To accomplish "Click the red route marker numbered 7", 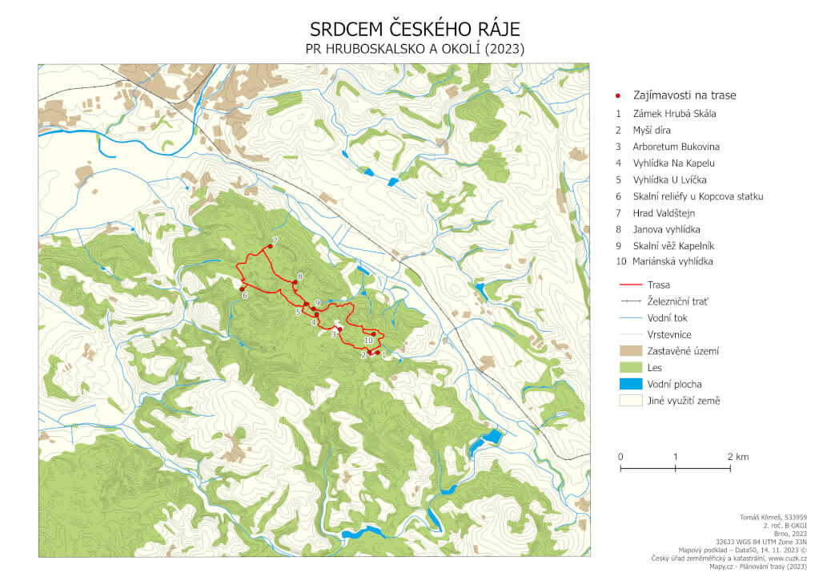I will [x=270, y=246].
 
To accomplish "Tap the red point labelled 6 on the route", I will [x=242, y=288].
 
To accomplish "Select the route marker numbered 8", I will [x=295, y=281].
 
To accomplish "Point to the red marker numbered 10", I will [x=373, y=333].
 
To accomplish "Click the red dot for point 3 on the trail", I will [x=339, y=329].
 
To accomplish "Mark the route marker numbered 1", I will [x=377, y=353].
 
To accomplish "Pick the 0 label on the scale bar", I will [x=620, y=457].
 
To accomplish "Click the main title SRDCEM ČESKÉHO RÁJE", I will [x=415, y=30].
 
